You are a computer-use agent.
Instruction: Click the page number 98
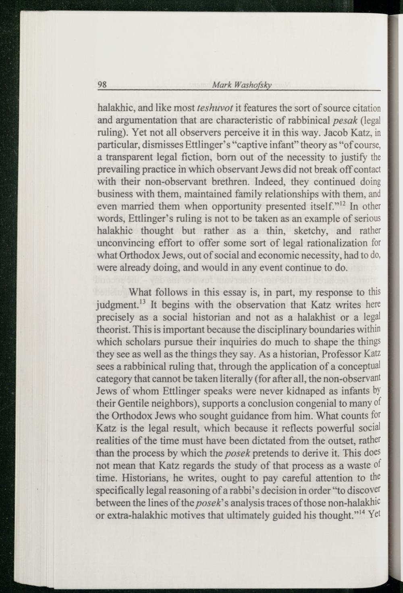click(102, 85)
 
